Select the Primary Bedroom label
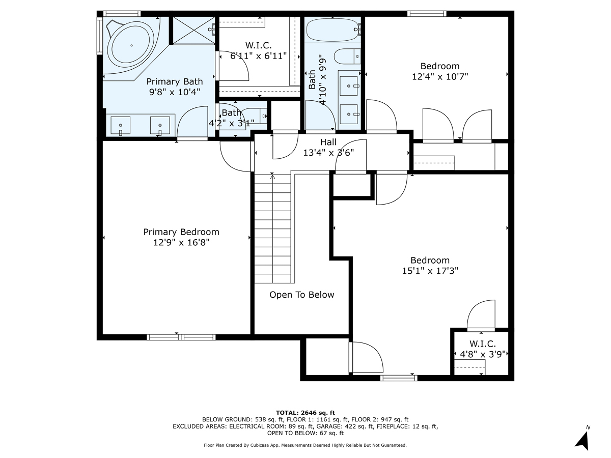coord(181,232)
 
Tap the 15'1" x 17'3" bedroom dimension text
coord(430,271)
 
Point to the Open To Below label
coord(301,295)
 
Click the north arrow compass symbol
coord(583,439)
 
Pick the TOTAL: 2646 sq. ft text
coord(305,412)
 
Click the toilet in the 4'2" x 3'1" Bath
coord(263,117)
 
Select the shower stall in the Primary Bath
coord(192,31)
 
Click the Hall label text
coord(328,142)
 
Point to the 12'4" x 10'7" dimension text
coord(439,76)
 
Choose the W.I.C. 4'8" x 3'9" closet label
coord(482,350)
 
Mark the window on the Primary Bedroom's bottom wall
coord(181,337)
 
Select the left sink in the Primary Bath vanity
coord(121,125)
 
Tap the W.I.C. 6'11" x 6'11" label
coord(258,51)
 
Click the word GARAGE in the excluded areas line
coord(360,426)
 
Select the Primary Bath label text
coord(175,81)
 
